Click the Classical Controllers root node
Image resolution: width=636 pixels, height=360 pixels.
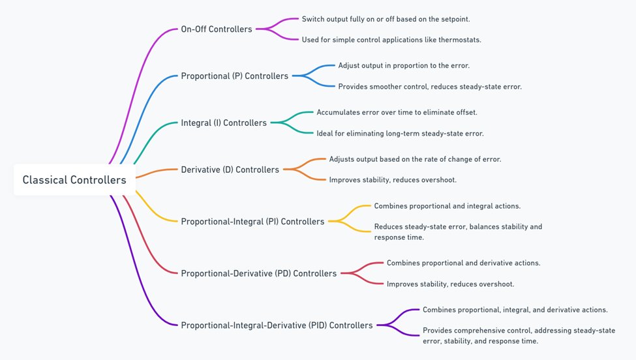point(74,179)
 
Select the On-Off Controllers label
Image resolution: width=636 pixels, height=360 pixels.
point(217,29)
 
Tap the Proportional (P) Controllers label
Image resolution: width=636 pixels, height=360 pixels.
point(234,76)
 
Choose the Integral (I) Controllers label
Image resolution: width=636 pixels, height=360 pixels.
point(224,123)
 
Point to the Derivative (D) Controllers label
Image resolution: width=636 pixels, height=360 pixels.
point(230,170)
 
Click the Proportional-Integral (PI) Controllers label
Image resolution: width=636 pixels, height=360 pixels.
point(252,221)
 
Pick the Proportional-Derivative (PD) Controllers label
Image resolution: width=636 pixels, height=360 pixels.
point(258,273)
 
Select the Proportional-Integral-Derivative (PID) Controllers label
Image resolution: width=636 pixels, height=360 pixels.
point(277,325)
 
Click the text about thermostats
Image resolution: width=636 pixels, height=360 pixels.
point(391,40)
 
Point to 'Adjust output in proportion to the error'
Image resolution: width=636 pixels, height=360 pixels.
point(404,65)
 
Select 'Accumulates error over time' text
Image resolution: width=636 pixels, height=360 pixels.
point(397,112)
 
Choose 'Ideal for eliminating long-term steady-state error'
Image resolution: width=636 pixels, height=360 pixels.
point(400,133)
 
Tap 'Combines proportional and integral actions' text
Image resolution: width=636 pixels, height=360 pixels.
point(447,205)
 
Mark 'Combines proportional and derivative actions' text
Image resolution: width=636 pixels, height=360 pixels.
point(463,263)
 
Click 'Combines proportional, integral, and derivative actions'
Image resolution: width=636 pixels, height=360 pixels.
point(515,309)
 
